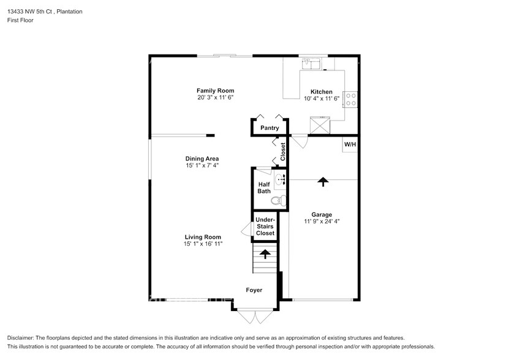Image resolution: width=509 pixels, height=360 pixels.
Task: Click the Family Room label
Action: (215, 91)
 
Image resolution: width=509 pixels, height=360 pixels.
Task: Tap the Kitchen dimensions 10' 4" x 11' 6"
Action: (322, 99)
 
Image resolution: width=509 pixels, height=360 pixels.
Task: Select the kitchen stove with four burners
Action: (350, 99)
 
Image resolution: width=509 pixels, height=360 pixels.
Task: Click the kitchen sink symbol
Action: (311, 64)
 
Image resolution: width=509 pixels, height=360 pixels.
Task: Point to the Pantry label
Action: (270, 128)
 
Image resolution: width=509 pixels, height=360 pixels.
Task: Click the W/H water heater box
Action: (350, 144)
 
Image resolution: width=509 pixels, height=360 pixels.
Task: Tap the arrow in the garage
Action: (323, 182)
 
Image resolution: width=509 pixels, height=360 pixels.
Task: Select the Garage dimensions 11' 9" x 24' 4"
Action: (322, 222)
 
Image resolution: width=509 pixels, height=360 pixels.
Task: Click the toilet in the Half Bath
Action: (279, 201)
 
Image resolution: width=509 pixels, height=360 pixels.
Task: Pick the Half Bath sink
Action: (280, 179)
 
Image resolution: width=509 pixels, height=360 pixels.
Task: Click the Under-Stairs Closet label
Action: (265, 227)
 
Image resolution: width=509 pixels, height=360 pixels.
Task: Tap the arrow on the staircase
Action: (265, 254)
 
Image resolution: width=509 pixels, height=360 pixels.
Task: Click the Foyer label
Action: (254, 290)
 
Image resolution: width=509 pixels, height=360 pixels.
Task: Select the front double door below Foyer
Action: (255, 317)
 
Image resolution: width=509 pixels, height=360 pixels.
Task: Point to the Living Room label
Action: (203, 238)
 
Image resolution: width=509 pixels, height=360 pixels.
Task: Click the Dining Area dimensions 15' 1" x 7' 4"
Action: (202, 165)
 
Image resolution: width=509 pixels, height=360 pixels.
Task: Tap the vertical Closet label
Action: (283, 152)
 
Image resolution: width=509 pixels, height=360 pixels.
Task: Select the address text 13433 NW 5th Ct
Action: (31, 12)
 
